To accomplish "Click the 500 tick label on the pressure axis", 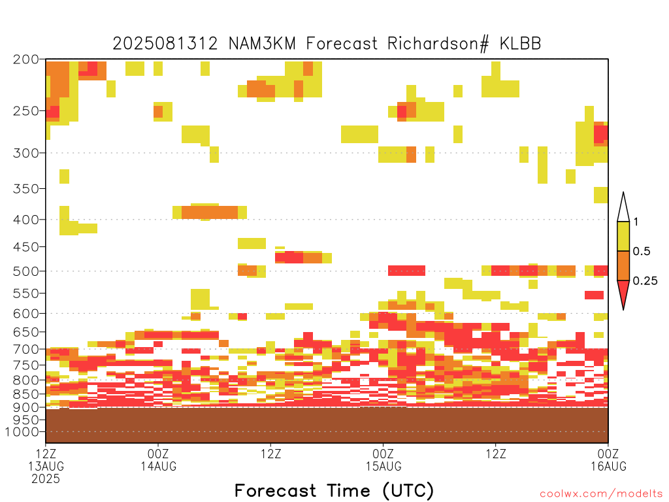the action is point(25,271).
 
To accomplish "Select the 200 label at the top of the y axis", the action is point(25,59).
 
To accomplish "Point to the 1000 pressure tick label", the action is point(22,432).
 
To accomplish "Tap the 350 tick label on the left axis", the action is point(25,189).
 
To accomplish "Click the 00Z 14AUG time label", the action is point(158,460).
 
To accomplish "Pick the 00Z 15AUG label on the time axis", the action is point(383,460).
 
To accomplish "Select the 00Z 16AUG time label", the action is point(608,460).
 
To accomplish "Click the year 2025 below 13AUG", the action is point(46,479).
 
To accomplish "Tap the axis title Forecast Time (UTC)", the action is point(334,490).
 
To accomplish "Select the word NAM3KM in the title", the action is point(263,44).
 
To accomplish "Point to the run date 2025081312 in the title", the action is point(165,44).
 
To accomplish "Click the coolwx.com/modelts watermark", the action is point(602,494).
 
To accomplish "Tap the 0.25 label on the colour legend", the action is point(645,281).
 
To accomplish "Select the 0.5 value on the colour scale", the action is point(642,252).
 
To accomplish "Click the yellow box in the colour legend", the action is point(623,236).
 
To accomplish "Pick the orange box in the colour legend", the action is point(623,265).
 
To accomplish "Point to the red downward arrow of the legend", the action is point(623,292).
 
